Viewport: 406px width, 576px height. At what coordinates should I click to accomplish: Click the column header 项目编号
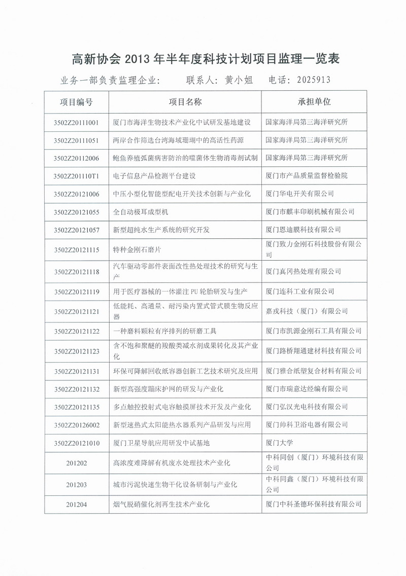[76, 101]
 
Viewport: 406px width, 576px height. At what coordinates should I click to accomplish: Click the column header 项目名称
[185, 101]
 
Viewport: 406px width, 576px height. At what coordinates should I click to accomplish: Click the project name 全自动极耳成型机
[144, 211]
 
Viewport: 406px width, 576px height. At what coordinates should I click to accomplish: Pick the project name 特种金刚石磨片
[137, 249]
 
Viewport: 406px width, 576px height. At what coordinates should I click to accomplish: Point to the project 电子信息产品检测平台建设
[154, 176]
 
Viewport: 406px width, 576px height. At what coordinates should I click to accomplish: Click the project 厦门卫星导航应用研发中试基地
[161, 442]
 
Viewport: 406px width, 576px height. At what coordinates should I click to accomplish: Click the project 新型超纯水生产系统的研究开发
[161, 230]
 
